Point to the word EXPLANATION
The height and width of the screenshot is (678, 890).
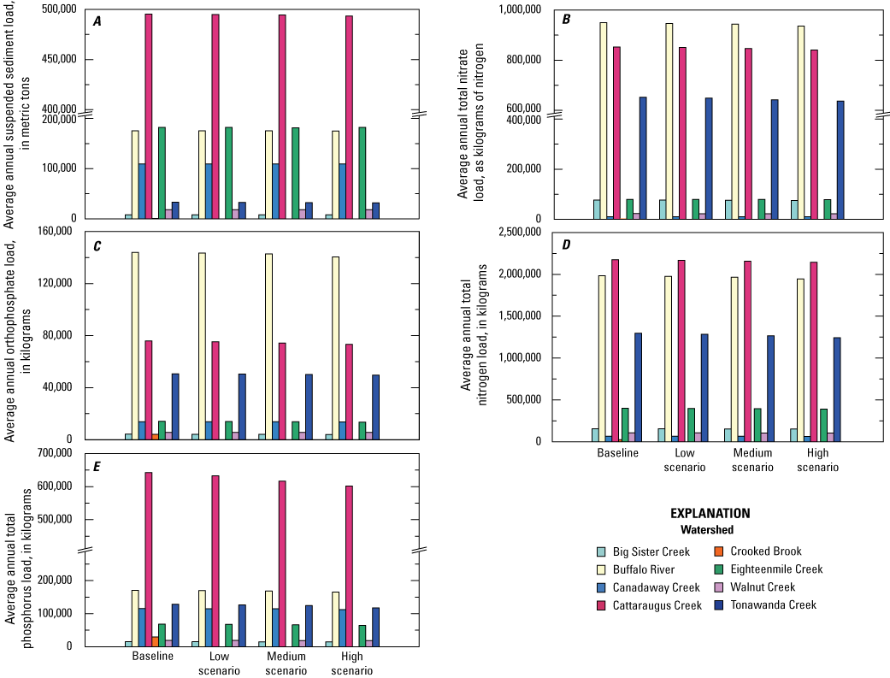[710, 514]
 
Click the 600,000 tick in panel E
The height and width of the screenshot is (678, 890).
[58, 486]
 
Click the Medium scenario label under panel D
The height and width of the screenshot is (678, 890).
[753, 460]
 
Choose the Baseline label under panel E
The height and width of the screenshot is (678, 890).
[153, 657]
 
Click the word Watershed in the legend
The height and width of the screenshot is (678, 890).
[710, 529]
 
